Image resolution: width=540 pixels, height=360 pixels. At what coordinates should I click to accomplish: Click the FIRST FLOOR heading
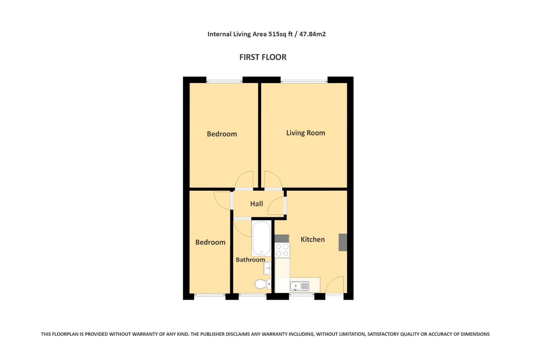click(x=263, y=57)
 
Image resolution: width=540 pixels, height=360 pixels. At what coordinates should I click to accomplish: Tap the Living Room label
click(x=306, y=133)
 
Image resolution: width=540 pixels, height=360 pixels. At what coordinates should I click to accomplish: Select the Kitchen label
click(x=313, y=239)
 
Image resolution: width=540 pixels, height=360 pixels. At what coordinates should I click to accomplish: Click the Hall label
click(x=257, y=204)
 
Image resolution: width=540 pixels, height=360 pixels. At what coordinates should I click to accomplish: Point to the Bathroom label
click(x=250, y=260)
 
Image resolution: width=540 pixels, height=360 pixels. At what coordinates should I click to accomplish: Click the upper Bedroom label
click(x=222, y=134)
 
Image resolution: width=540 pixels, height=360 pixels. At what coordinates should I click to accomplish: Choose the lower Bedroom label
click(x=210, y=242)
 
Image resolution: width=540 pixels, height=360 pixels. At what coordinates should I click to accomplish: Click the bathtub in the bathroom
click(x=261, y=239)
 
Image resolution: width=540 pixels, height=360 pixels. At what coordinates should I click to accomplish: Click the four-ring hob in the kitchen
click(x=282, y=250)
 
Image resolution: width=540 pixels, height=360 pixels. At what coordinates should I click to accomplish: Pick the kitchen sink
click(x=299, y=286)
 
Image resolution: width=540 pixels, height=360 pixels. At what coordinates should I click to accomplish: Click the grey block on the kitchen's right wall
click(x=343, y=242)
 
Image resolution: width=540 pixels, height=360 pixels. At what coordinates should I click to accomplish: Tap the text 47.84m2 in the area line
click(x=312, y=34)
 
